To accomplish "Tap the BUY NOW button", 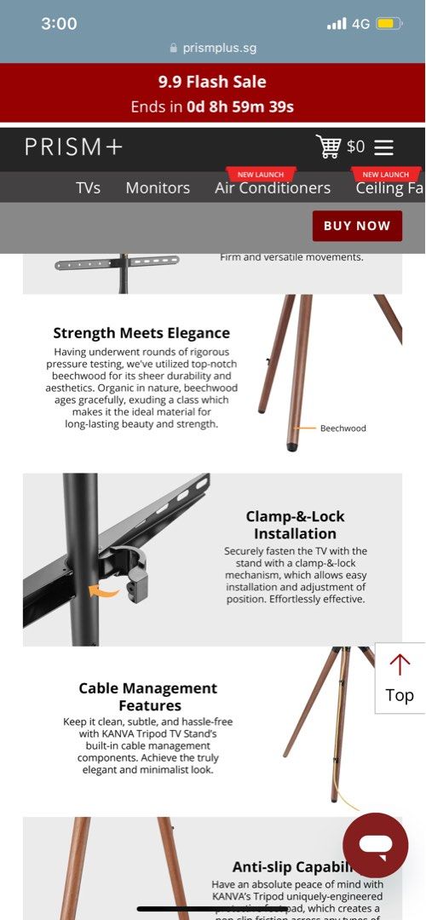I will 356,226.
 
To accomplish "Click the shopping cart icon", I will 328,147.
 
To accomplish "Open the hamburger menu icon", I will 383,147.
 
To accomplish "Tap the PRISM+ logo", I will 73,147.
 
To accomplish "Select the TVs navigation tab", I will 88,187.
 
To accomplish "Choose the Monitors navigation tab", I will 158,187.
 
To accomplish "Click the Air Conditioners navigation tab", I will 273,187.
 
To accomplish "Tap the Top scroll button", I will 400,678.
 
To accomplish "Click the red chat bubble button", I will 375,845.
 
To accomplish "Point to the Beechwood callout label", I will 343,428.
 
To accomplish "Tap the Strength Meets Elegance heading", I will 141,333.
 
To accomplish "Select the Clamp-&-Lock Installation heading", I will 295,525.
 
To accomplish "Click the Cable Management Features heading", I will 148,697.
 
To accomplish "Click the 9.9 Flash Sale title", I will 212,83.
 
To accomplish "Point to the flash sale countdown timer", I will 240,107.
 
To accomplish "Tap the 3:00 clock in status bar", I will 59,24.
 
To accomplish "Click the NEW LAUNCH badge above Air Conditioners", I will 260,174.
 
